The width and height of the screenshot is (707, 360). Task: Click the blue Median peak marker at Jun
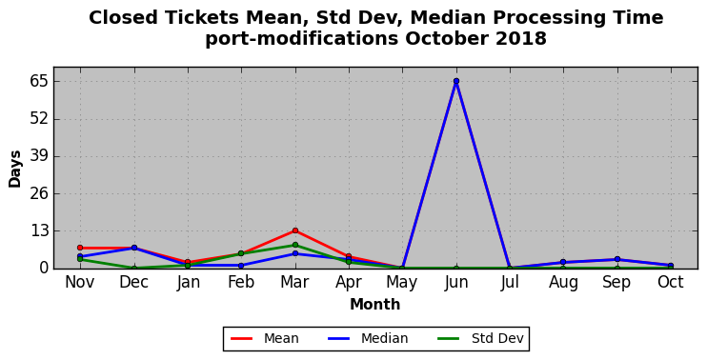tap(456, 81)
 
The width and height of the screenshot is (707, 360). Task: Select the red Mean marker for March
tap(294, 230)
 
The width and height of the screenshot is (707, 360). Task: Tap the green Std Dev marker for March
tap(294, 245)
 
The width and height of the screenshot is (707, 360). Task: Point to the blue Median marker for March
tap(294, 253)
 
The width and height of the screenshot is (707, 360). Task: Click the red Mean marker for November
tap(80, 248)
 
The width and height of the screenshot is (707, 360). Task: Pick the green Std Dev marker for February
tap(241, 253)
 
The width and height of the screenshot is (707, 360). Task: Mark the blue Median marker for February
tap(241, 266)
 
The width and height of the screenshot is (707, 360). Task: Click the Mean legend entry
tap(265, 338)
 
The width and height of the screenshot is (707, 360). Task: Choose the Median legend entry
tap(368, 338)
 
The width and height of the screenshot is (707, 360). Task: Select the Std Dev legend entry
tap(480, 338)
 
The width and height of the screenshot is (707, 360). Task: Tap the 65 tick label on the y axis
tap(38, 82)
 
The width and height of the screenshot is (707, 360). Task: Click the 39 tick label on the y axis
tap(38, 156)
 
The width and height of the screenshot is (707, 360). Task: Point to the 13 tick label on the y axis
tap(38, 231)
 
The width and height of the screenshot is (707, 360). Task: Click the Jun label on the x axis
tap(456, 283)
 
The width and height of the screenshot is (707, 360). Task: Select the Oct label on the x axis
tap(671, 283)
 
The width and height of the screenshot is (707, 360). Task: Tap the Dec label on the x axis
tap(134, 283)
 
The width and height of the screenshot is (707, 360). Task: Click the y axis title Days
tap(15, 169)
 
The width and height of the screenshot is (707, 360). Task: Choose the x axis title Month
tap(375, 305)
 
